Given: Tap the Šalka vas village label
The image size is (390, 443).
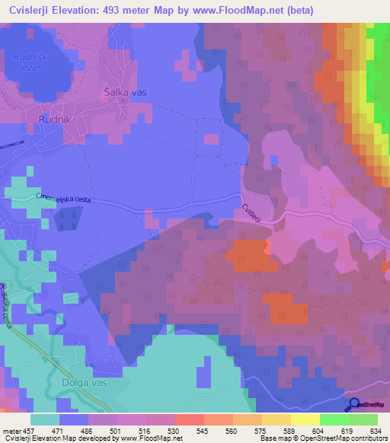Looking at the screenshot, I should click(125, 91).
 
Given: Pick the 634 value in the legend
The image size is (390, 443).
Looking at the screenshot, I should click(374, 431).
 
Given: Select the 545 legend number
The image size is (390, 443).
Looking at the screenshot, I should click(202, 431).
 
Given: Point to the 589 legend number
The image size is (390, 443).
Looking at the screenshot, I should click(288, 431).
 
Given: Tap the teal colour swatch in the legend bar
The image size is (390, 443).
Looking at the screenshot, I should click(45, 419).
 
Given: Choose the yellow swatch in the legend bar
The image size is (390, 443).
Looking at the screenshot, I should click(305, 419).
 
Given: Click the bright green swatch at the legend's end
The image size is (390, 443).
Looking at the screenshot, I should click(363, 419).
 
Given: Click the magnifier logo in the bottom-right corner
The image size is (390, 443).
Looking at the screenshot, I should click(354, 404).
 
